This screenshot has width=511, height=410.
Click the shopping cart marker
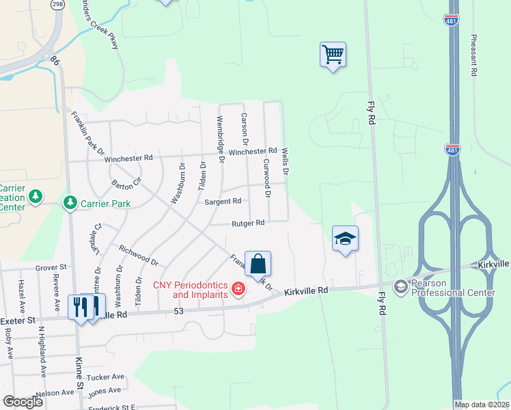(x=333, y=55)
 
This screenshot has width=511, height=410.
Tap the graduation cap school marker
(x=345, y=238)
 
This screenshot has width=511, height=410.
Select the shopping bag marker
(x=258, y=264)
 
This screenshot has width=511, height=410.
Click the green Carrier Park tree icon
(x=69, y=203)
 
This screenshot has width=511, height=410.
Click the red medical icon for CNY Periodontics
(x=238, y=289)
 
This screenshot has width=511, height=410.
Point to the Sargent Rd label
(x=223, y=202)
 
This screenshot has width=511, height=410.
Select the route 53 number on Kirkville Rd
(x=180, y=312)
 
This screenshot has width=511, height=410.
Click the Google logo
(x=23, y=402)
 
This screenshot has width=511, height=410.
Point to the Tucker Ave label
(x=107, y=377)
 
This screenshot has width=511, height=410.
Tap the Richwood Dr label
(x=138, y=256)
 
